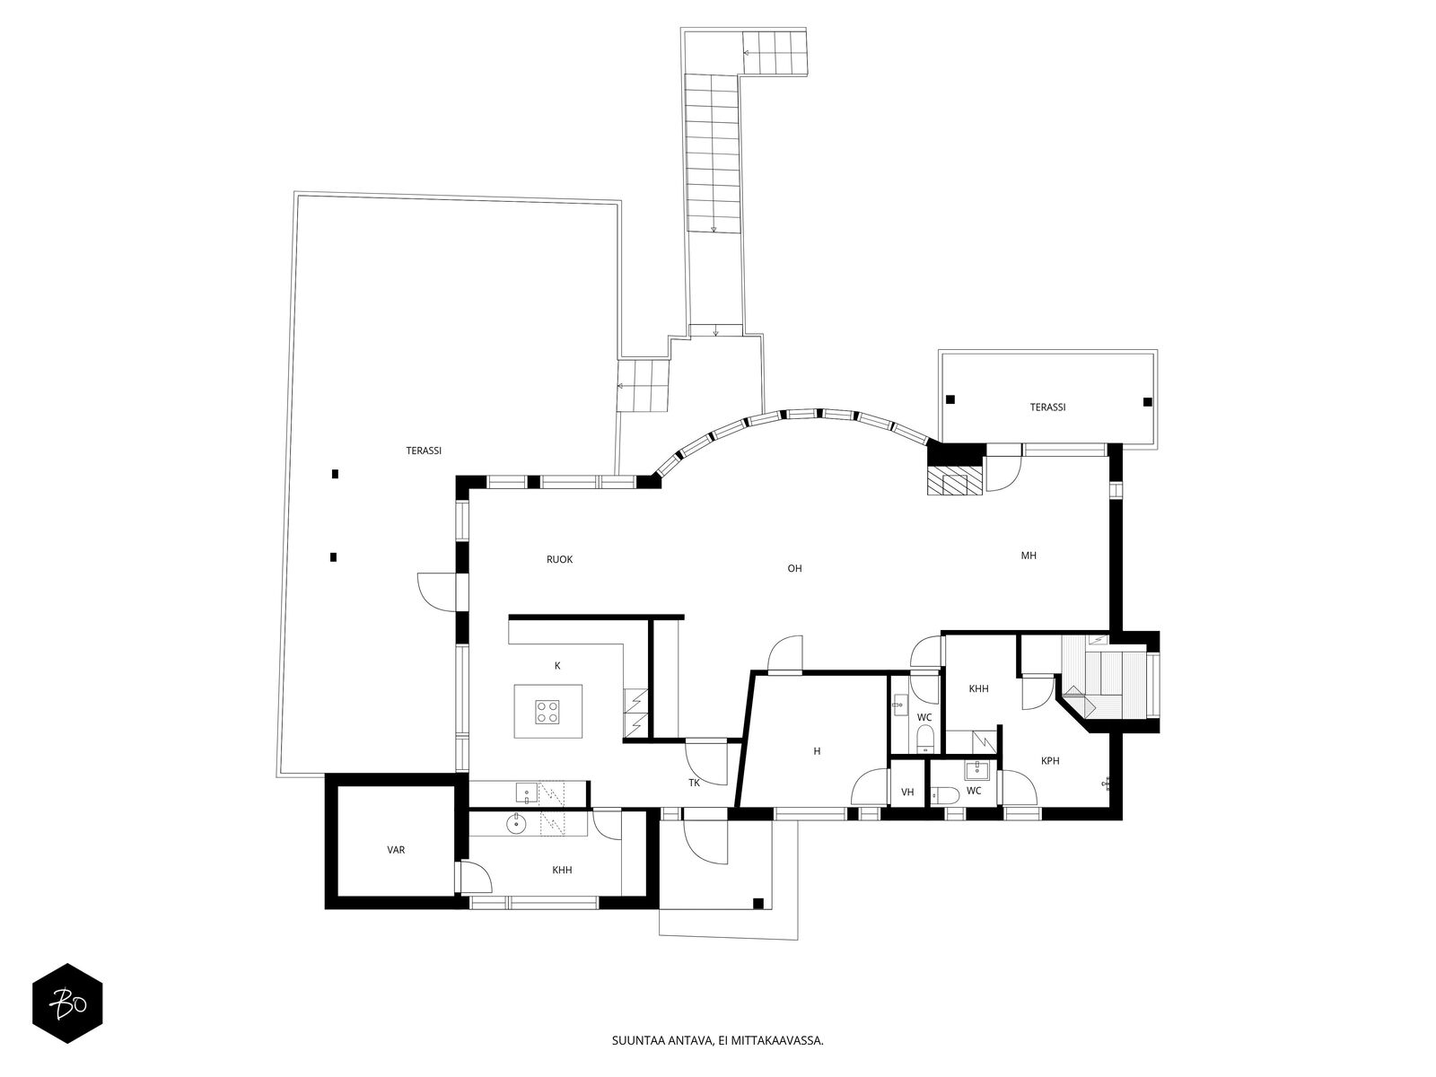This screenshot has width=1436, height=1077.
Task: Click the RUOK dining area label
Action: [559, 559]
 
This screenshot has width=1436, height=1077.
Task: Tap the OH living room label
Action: [794, 568]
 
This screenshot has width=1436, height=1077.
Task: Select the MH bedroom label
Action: [1029, 556]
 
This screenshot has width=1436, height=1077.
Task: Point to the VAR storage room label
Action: [396, 850]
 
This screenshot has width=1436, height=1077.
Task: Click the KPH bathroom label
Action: [1050, 760]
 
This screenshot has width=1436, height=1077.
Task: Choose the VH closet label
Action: [907, 792]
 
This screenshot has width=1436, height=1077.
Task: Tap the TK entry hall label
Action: [694, 782]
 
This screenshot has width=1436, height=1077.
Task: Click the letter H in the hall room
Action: [817, 751]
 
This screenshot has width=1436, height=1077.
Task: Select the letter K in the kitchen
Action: [557, 666]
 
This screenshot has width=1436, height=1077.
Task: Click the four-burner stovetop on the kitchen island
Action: [547, 712]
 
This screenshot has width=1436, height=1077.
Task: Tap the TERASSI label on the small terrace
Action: [1047, 407]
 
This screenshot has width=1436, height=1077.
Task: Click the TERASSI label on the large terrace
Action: [424, 451]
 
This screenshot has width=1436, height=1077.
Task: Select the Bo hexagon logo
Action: [67, 1003]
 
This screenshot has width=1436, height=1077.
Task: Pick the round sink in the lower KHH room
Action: [516, 824]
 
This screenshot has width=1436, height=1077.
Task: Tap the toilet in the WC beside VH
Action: [945, 795]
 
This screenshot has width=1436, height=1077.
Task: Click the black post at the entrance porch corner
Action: [757, 903]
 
